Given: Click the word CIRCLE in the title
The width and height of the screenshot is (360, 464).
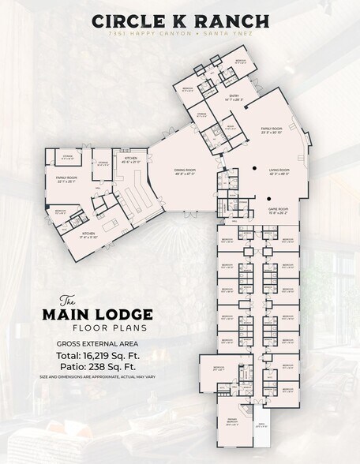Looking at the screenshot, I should point(127,22).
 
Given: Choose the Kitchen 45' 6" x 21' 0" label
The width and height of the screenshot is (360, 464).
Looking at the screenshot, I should point(131,160).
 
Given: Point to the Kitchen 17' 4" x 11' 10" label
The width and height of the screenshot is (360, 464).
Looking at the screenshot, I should point(87,234).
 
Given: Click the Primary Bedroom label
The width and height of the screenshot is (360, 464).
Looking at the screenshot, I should point(233,421).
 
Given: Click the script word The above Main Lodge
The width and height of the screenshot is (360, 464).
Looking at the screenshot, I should point(68,300).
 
